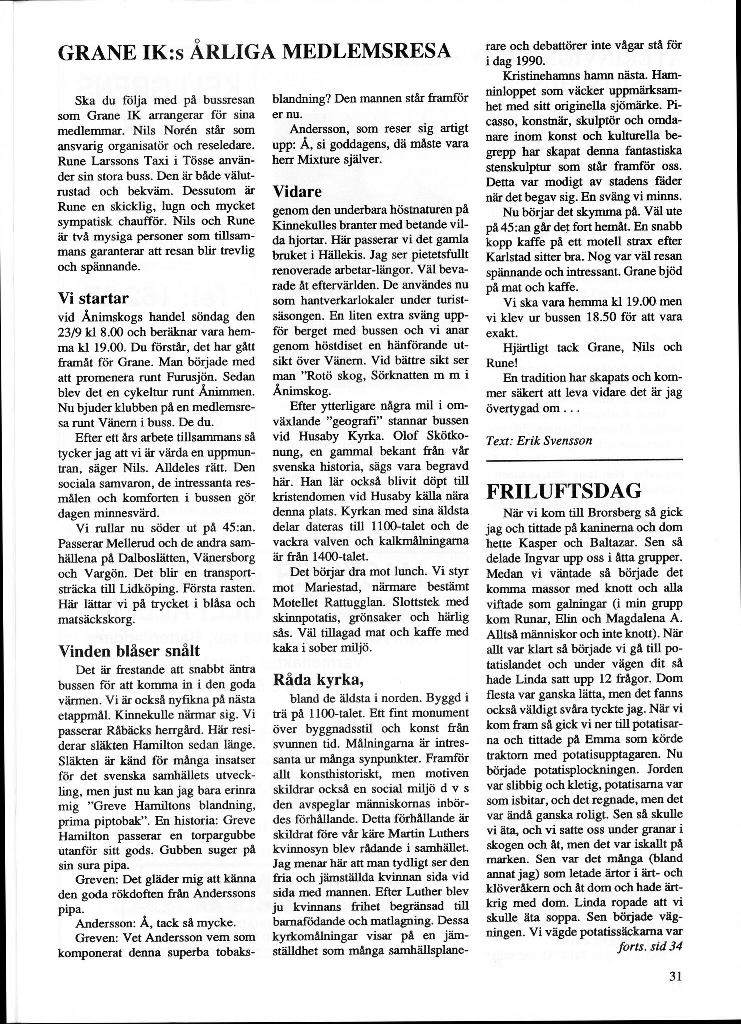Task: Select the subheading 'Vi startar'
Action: coord(94,299)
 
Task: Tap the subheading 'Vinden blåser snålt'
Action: coord(129,650)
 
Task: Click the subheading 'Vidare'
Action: coord(297,191)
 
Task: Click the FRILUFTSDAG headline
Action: coord(563,491)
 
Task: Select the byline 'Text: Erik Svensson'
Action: coord(539,440)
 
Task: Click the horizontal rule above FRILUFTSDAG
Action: coord(584,459)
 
